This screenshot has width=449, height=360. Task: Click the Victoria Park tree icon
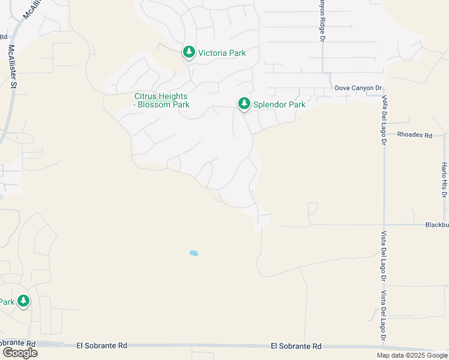point(189,53)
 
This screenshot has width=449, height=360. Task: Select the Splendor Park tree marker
point(244,104)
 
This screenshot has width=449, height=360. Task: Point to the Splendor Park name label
point(279,104)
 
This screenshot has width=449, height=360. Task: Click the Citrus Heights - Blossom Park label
point(161,100)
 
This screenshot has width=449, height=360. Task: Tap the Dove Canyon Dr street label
point(358,88)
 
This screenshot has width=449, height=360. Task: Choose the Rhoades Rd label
point(415,135)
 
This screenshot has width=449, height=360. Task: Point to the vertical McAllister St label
point(11,66)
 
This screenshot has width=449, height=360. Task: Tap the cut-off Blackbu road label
point(436,225)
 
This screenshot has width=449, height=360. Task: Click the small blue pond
point(193,253)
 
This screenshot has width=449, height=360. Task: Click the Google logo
point(20,352)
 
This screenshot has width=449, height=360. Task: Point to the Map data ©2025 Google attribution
point(412,355)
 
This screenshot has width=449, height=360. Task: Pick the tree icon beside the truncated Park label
point(23,301)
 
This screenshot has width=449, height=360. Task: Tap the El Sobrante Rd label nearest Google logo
point(102,346)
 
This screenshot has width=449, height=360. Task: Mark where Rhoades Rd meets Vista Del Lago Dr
point(384,135)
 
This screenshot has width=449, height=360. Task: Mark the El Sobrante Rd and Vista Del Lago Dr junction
point(384,346)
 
